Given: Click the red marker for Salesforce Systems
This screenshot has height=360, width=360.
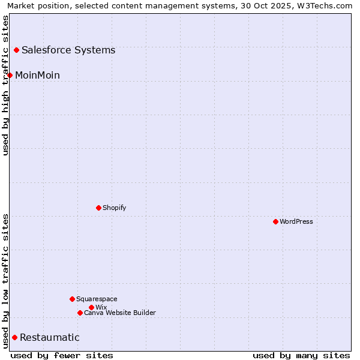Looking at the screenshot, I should (x=16, y=50).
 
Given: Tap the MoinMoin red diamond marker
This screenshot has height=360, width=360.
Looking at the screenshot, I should (x=10, y=75).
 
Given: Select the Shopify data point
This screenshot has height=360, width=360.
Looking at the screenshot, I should (x=98, y=208).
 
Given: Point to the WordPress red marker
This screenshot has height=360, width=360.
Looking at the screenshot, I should (x=275, y=221).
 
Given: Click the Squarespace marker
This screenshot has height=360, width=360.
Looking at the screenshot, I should (x=72, y=299).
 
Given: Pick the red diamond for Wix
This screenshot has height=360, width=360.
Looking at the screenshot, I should (x=91, y=307).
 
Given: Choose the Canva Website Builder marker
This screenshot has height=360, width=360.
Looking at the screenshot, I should (x=80, y=313).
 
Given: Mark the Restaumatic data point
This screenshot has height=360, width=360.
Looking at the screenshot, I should (x=14, y=337).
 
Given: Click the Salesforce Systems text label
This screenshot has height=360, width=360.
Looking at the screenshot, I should (x=68, y=50).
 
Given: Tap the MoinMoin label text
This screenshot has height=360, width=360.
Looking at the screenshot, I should (x=37, y=75).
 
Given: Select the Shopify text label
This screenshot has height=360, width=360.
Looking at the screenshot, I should (x=114, y=208).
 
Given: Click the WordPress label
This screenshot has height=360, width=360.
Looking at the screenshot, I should (x=296, y=221).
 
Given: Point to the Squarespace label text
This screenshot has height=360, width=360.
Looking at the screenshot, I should (x=97, y=299).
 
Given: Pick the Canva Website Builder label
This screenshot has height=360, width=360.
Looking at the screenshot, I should (x=120, y=313).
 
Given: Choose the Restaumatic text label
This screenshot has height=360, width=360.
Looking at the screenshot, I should (x=50, y=337).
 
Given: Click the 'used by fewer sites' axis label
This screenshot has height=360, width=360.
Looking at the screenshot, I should (x=62, y=355).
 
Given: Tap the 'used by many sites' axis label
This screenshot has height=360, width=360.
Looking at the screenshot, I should (x=301, y=355).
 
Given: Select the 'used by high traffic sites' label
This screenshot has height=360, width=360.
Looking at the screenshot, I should (x=5, y=85).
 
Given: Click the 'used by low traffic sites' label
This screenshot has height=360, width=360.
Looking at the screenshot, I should (x=5, y=280).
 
